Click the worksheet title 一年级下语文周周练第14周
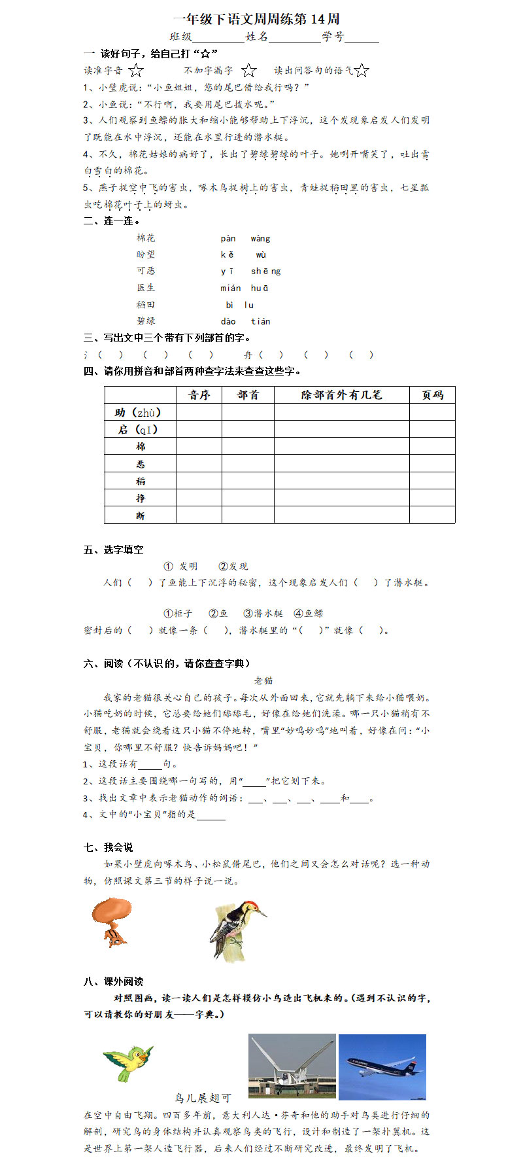(x=256, y=19)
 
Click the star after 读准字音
(x=136, y=70)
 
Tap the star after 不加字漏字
(x=249, y=70)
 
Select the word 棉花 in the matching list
(x=146, y=238)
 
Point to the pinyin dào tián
(x=245, y=321)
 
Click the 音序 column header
(x=199, y=394)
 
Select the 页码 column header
(x=432, y=394)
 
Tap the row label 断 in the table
(x=141, y=516)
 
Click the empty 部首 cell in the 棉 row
(x=248, y=446)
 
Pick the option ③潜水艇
(x=263, y=613)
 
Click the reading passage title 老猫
(x=263, y=680)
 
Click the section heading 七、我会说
(x=109, y=847)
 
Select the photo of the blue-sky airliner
(x=382, y=1066)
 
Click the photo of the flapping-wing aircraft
(x=292, y=1066)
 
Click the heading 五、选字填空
(x=113, y=550)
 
